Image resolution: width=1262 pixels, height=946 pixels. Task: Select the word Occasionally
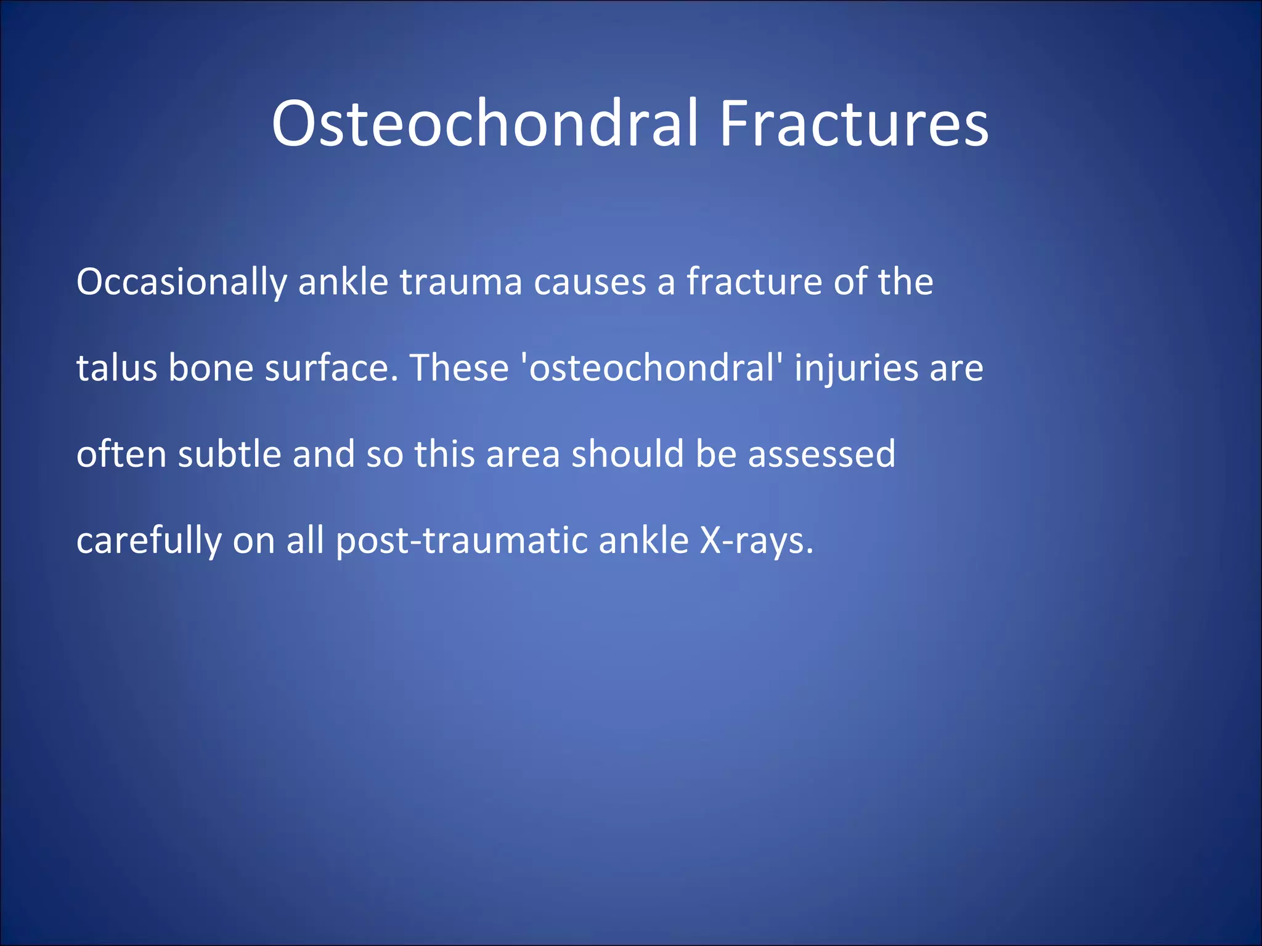181,282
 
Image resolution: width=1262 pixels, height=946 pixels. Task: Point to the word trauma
461,282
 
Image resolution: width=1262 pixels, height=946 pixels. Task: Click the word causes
590,282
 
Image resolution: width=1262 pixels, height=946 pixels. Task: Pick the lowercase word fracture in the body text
754,282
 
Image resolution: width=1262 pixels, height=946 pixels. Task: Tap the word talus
116,368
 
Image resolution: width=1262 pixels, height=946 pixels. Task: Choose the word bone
211,368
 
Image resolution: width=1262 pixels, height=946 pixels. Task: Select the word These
459,368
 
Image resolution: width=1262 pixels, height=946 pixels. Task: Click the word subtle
229,455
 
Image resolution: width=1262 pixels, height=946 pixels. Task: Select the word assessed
821,455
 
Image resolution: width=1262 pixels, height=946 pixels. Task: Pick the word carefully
149,541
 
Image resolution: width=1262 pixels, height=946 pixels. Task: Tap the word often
121,455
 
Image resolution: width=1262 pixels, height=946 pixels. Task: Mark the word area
523,455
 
